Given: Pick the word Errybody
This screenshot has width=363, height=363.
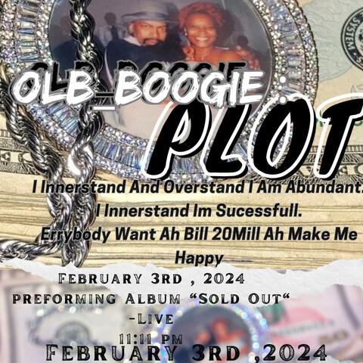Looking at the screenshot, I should coord(76,234).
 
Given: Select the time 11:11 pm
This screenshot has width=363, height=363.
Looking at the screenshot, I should coord(151,337).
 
